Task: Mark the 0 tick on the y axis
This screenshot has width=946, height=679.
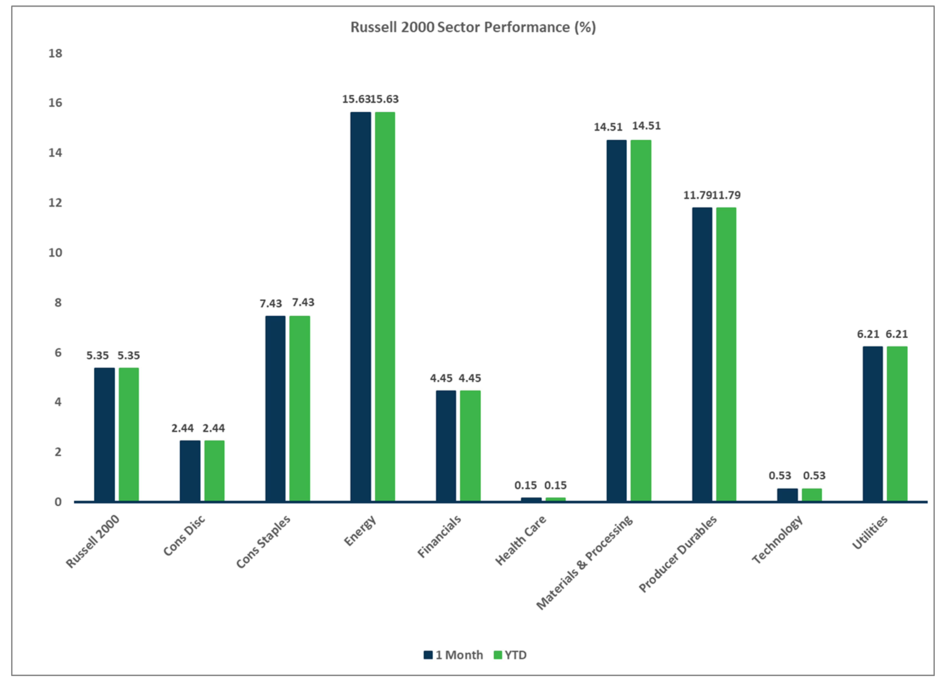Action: [58, 502]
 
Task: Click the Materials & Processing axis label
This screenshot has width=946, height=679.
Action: [584, 563]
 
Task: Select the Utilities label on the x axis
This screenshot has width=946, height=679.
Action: [870, 532]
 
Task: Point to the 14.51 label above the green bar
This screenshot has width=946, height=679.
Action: [646, 126]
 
